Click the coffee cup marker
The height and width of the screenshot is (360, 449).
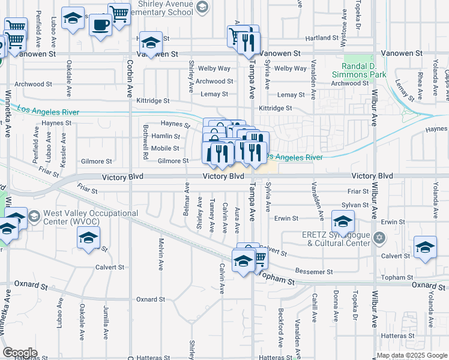(100, 25)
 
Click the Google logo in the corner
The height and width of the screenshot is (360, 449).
(20, 353)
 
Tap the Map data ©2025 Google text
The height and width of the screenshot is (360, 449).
(411, 355)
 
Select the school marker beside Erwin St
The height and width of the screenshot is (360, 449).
(343, 222)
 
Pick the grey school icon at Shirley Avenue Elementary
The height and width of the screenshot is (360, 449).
(202, 7)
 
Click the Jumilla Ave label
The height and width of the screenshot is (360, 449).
(106, 322)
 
